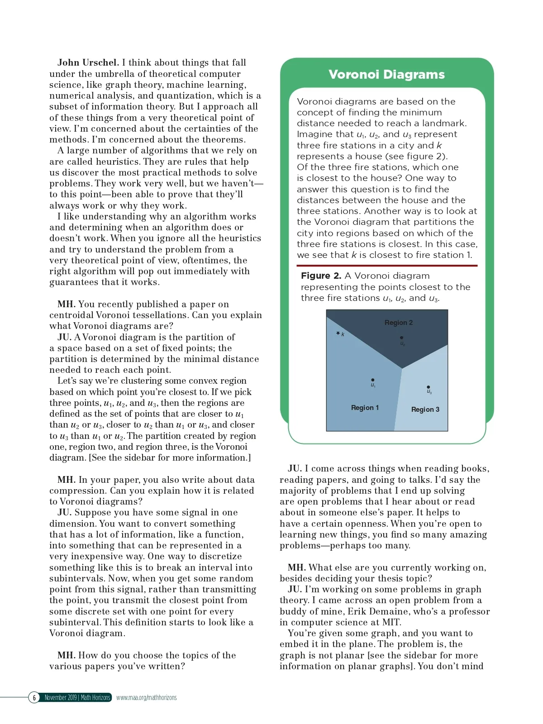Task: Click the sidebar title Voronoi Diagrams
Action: click(x=386, y=75)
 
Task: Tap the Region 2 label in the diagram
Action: click(x=398, y=323)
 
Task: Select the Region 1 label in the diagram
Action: click(x=365, y=408)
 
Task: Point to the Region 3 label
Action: click(x=425, y=410)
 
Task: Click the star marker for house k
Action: click(x=338, y=333)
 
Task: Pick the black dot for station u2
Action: click(x=401, y=338)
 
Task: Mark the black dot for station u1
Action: click(x=372, y=380)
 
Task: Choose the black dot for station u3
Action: click(x=428, y=387)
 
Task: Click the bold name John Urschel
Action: click(x=88, y=62)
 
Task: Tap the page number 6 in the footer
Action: click(x=34, y=697)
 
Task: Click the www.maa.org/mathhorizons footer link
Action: click(x=146, y=697)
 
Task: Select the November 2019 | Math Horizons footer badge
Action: click(x=77, y=697)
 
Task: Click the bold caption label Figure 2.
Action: click(x=321, y=276)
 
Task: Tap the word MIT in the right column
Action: click(x=391, y=622)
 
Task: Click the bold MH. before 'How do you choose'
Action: click(x=66, y=655)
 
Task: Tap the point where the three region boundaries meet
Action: click(x=402, y=368)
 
